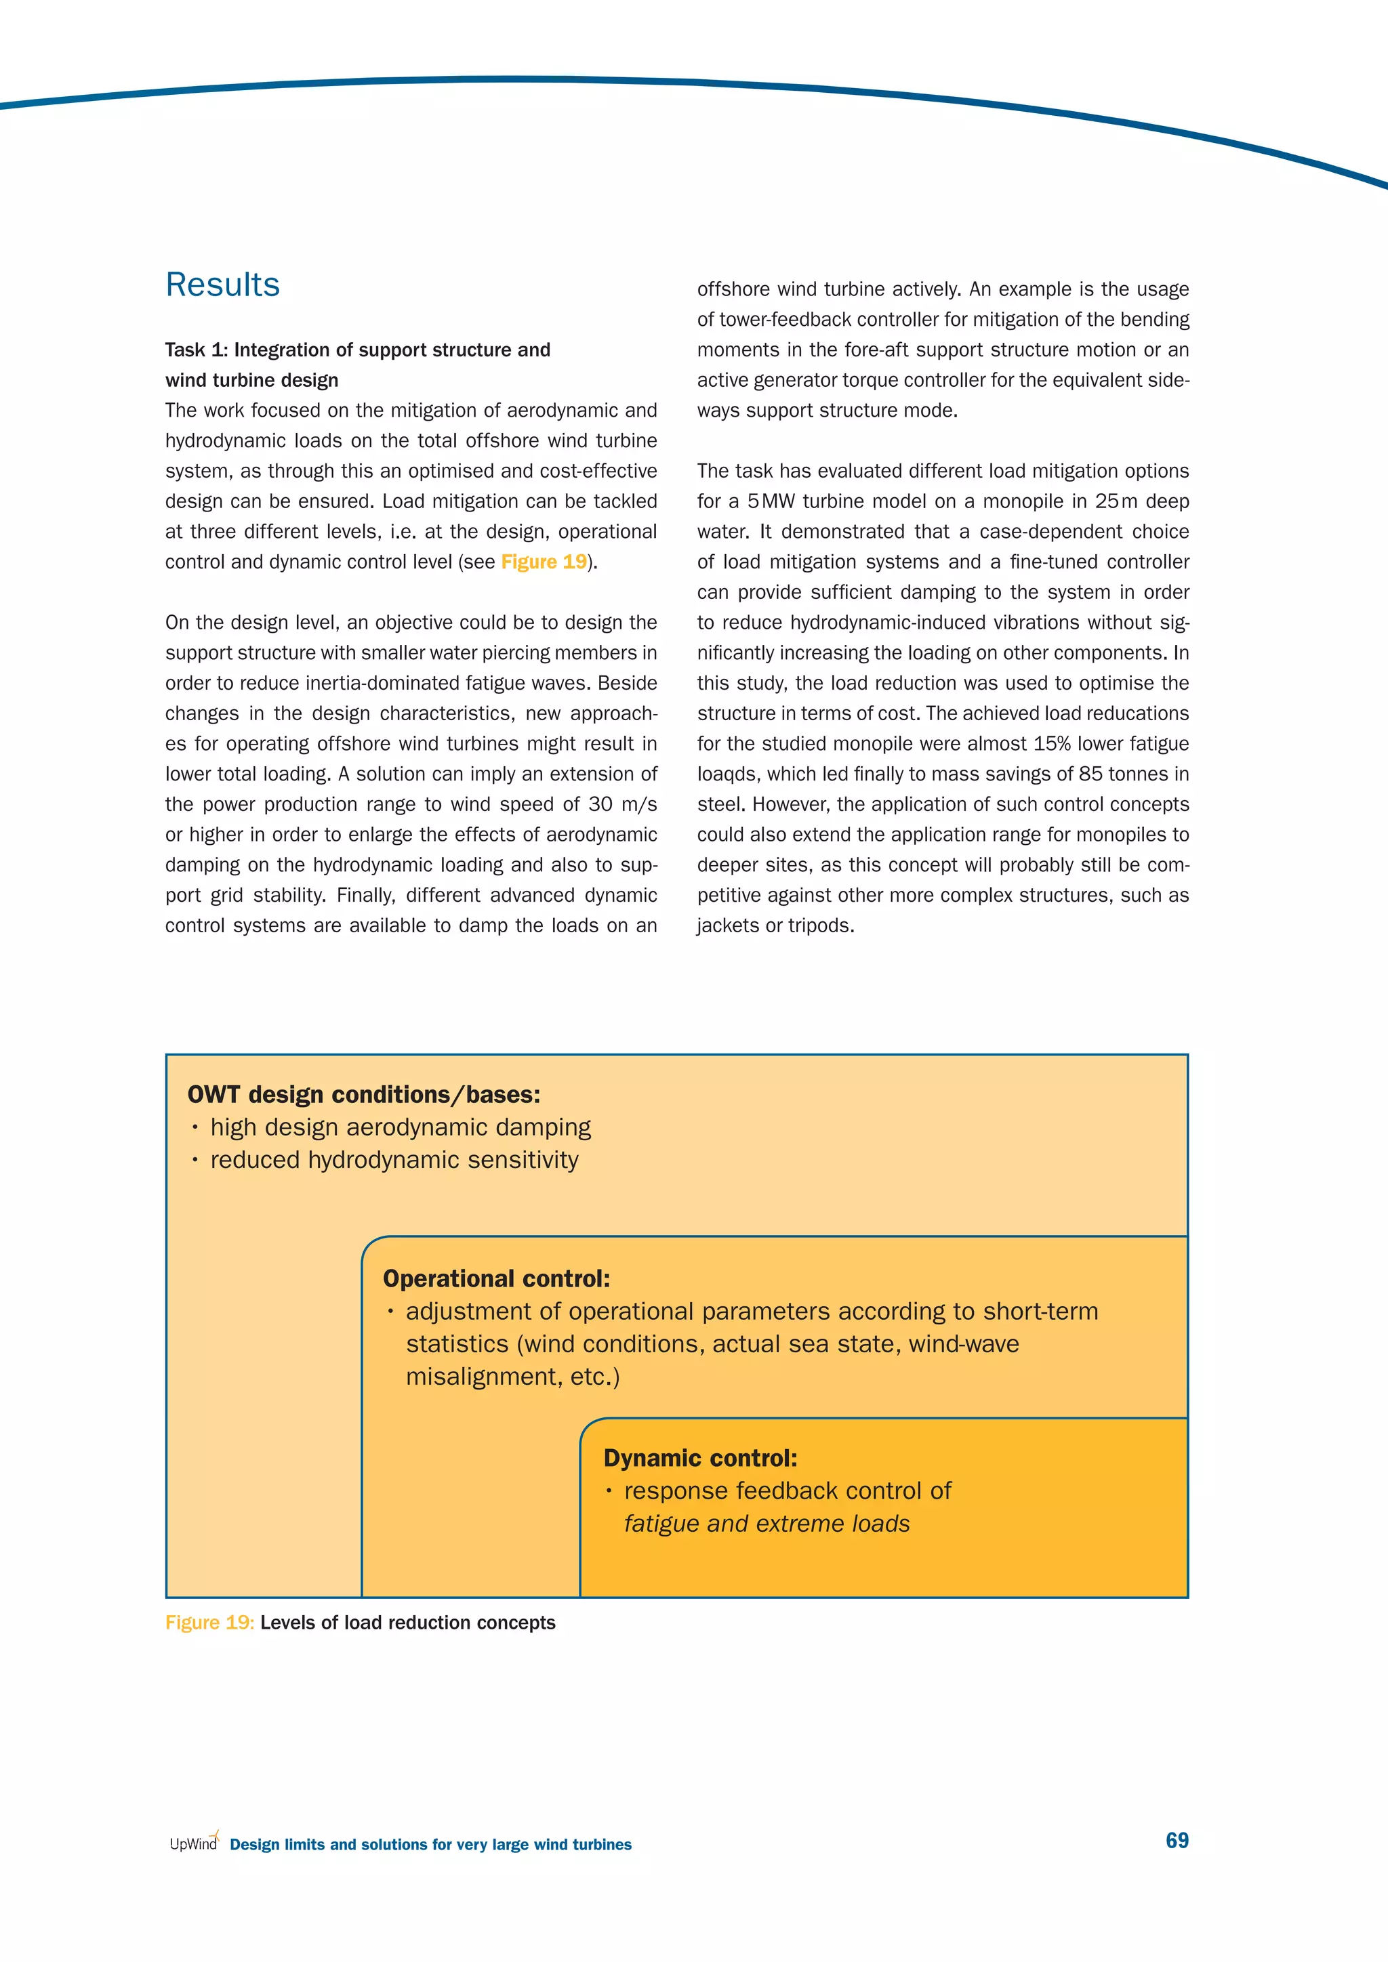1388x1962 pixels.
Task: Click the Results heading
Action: point(222,285)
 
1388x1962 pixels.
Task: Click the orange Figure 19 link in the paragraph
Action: point(544,562)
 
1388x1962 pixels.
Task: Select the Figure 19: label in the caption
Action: point(209,1623)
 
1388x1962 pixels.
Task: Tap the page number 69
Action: point(1177,1840)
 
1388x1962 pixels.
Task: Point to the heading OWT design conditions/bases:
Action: point(363,1095)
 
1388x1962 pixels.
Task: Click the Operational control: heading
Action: point(495,1278)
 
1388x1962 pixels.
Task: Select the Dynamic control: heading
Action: point(700,1458)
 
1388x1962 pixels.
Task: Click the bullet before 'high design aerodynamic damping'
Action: point(195,1128)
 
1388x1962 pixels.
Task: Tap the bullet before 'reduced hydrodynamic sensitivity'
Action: point(195,1161)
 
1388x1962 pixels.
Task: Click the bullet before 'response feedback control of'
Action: point(609,1491)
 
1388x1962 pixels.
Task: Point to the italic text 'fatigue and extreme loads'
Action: point(767,1524)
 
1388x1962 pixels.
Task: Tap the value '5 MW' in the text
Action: point(770,501)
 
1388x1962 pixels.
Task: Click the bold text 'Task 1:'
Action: point(197,350)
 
